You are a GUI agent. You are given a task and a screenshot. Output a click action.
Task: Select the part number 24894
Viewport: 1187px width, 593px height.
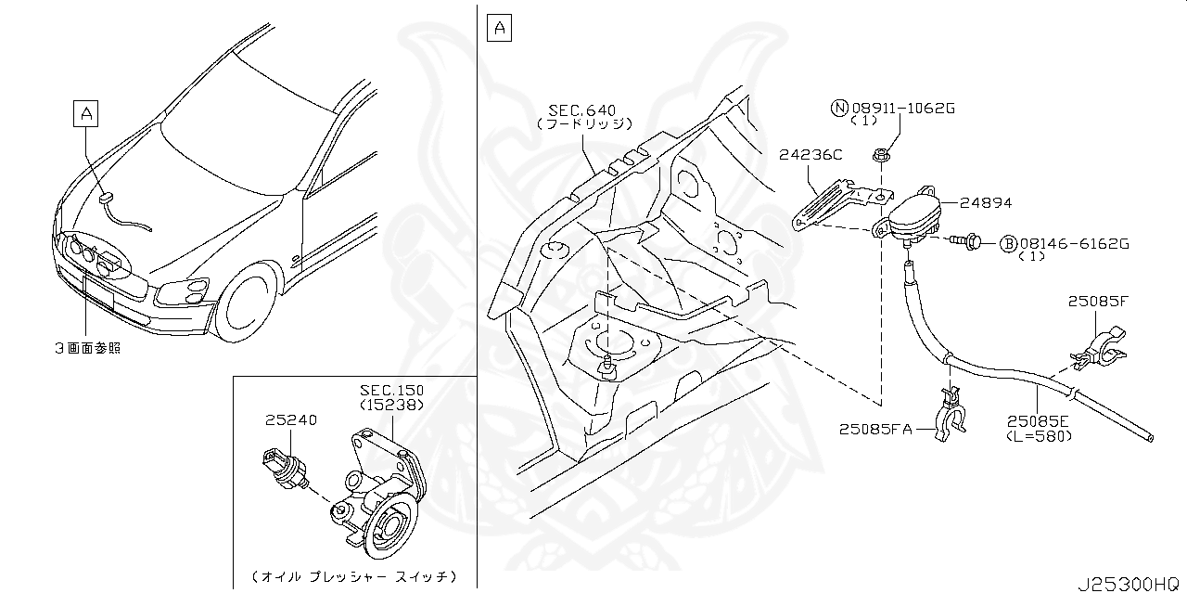tap(986, 202)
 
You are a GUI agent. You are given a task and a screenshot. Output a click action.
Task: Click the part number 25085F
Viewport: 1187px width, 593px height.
tap(1097, 301)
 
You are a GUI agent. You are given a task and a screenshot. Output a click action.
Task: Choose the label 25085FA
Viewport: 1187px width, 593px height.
tap(876, 429)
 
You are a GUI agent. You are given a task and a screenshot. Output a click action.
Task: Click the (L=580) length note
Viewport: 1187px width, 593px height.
tap(1040, 434)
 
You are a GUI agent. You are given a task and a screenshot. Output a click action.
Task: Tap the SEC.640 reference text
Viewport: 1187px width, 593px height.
tap(582, 110)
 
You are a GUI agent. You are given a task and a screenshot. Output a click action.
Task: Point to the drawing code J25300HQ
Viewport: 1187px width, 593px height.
tap(1128, 584)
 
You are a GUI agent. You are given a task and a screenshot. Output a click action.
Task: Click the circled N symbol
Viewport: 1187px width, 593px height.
tap(839, 109)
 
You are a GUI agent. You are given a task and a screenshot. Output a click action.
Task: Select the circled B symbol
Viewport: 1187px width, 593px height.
tap(1007, 244)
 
